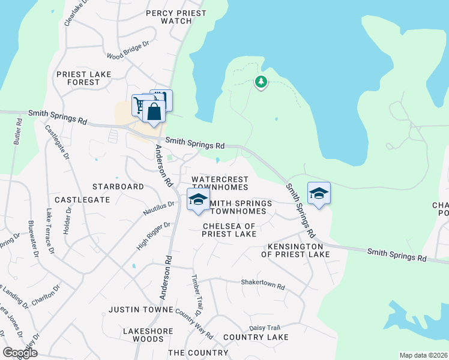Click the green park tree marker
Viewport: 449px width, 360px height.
click(261, 82)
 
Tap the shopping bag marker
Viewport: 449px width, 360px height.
click(154, 112)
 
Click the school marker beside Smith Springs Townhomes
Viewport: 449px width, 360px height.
click(198, 200)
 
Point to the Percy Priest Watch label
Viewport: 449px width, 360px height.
click(176, 17)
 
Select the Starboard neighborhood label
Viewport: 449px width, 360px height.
click(118, 187)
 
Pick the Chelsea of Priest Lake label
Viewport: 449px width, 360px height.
click(229, 230)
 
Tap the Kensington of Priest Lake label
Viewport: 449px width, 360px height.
click(295, 251)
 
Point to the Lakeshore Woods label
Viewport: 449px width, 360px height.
click(148, 335)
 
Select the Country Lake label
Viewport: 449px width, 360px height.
click(256, 338)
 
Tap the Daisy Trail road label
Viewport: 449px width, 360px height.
click(265, 328)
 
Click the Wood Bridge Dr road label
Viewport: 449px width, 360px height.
click(127, 52)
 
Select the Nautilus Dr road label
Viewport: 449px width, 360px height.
click(158, 208)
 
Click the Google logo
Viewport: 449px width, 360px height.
click(20, 353)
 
